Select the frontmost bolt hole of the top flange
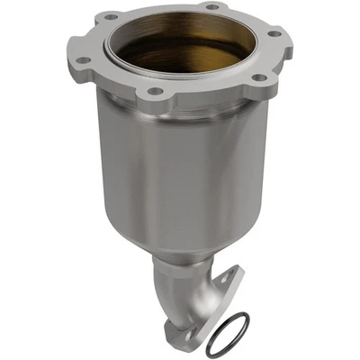click(154, 92)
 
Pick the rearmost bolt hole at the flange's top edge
click(211, 7)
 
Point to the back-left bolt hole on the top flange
click(112, 16)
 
